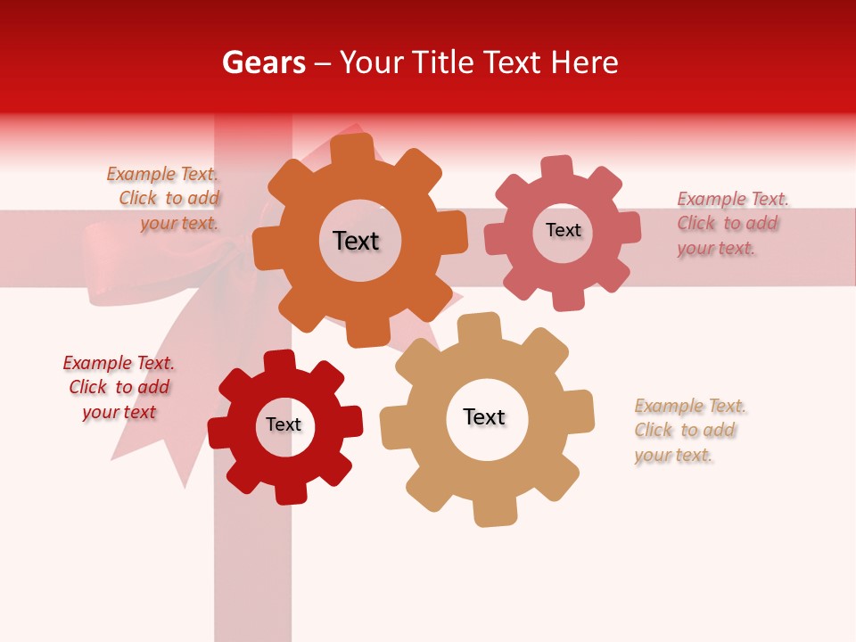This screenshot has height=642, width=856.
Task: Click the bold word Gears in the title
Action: (263, 63)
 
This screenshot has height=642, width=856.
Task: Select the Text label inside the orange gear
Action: (356, 241)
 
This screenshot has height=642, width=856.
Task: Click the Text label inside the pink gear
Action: (563, 230)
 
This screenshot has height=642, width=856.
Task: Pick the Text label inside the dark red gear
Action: (284, 425)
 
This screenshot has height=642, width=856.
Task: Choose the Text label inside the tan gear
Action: (484, 417)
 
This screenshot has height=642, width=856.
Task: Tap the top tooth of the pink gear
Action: (557, 169)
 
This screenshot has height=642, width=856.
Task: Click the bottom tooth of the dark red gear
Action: (289, 490)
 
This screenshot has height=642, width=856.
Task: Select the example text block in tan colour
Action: (689, 431)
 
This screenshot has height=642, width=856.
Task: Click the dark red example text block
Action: (119, 387)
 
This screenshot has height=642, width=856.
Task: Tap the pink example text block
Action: (732, 224)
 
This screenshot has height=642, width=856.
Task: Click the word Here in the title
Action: (585, 62)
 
